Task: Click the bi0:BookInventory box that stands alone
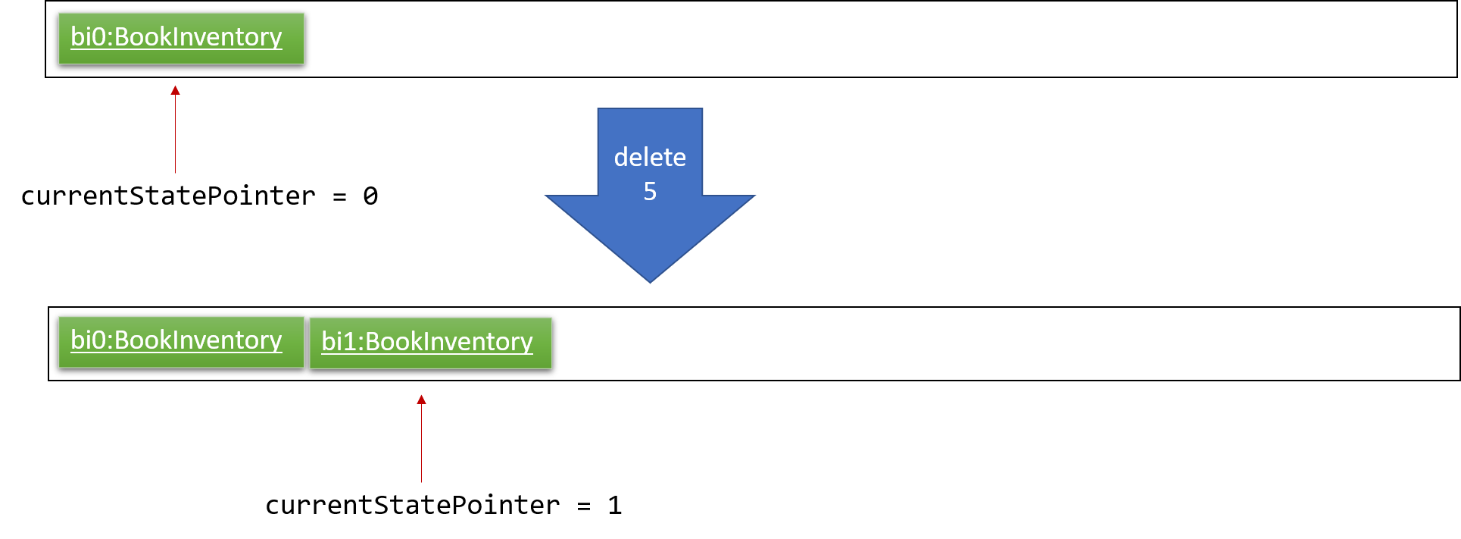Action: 181,38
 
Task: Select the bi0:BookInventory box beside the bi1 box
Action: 181,342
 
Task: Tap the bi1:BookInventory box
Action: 431,343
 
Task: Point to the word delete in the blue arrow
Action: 650,157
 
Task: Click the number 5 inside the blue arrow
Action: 650,191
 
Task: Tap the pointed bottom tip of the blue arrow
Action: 650,283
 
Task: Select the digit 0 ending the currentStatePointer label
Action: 370,196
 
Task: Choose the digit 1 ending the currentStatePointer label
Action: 615,506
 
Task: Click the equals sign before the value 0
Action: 339,197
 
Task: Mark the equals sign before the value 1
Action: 584,506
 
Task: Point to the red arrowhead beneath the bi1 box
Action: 421,400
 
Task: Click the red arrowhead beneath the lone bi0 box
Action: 175,90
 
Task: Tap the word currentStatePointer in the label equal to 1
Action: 413,506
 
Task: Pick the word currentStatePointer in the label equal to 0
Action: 168,196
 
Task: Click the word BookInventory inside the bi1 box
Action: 449,343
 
